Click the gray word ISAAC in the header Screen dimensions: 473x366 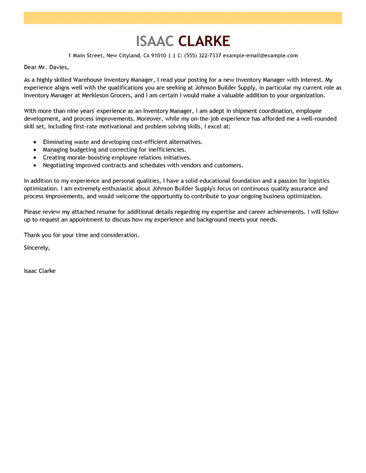point(155,41)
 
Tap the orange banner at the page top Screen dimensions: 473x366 point(183,18)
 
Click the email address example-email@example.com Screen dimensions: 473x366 point(260,55)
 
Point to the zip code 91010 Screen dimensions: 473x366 point(159,55)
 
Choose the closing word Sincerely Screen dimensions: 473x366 point(37,247)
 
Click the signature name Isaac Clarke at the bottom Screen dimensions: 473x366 point(40,271)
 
